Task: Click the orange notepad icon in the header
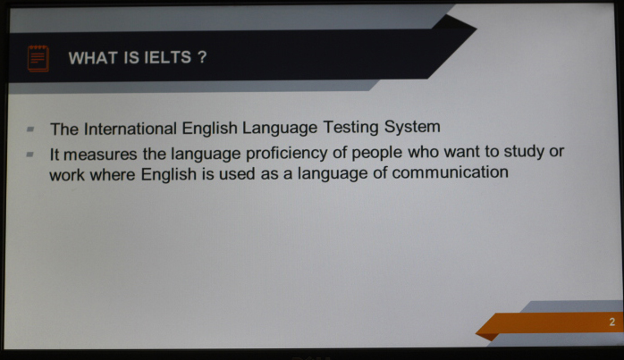pyautogui.click(x=38, y=58)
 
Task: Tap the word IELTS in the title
pyautogui.click(x=167, y=58)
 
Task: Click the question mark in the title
pyautogui.click(x=202, y=57)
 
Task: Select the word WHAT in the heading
pyautogui.click(x=93, y=58)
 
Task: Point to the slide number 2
pyautogui.click(x=612, y=322)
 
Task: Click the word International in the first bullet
pyautogui.click(x=131, y=129)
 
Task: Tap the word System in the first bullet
pyautogui.click(x=412, y=127)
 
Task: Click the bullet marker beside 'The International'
pyautogui.click(x=30, y=129)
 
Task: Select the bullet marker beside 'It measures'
pyautogui.click(x=30, y=154)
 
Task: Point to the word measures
pyautogui.click(x=100, y=155)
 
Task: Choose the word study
pyautogui.click(x=524, y=152)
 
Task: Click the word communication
pyautogui.click(x=450, y=172)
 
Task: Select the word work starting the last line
pyautogui.click(x=67, y=175)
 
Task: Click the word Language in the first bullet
pyautogui.click(x=280, y=128)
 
